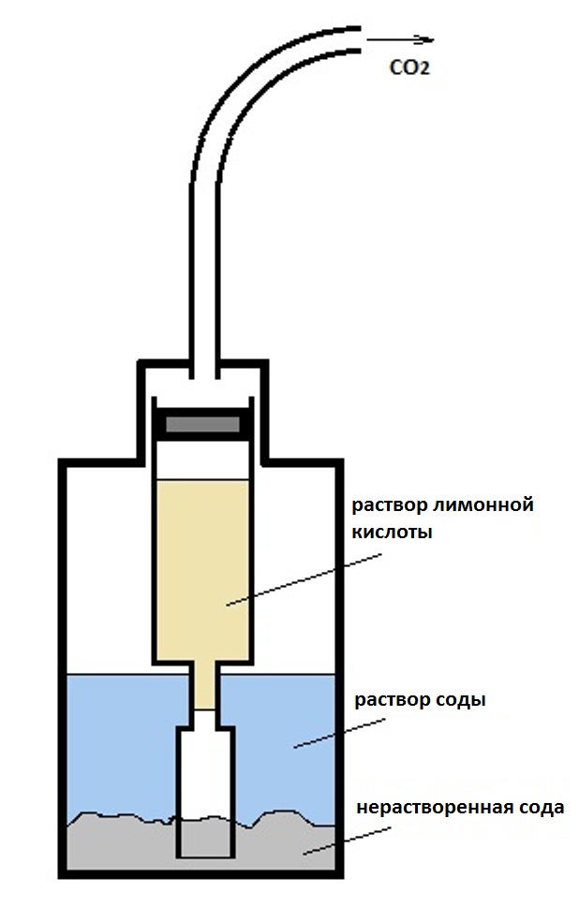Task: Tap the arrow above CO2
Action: (401, 40)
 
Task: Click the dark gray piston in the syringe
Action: (204, 424)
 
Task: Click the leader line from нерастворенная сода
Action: (336, 841)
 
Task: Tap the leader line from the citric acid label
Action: (300, 579)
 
